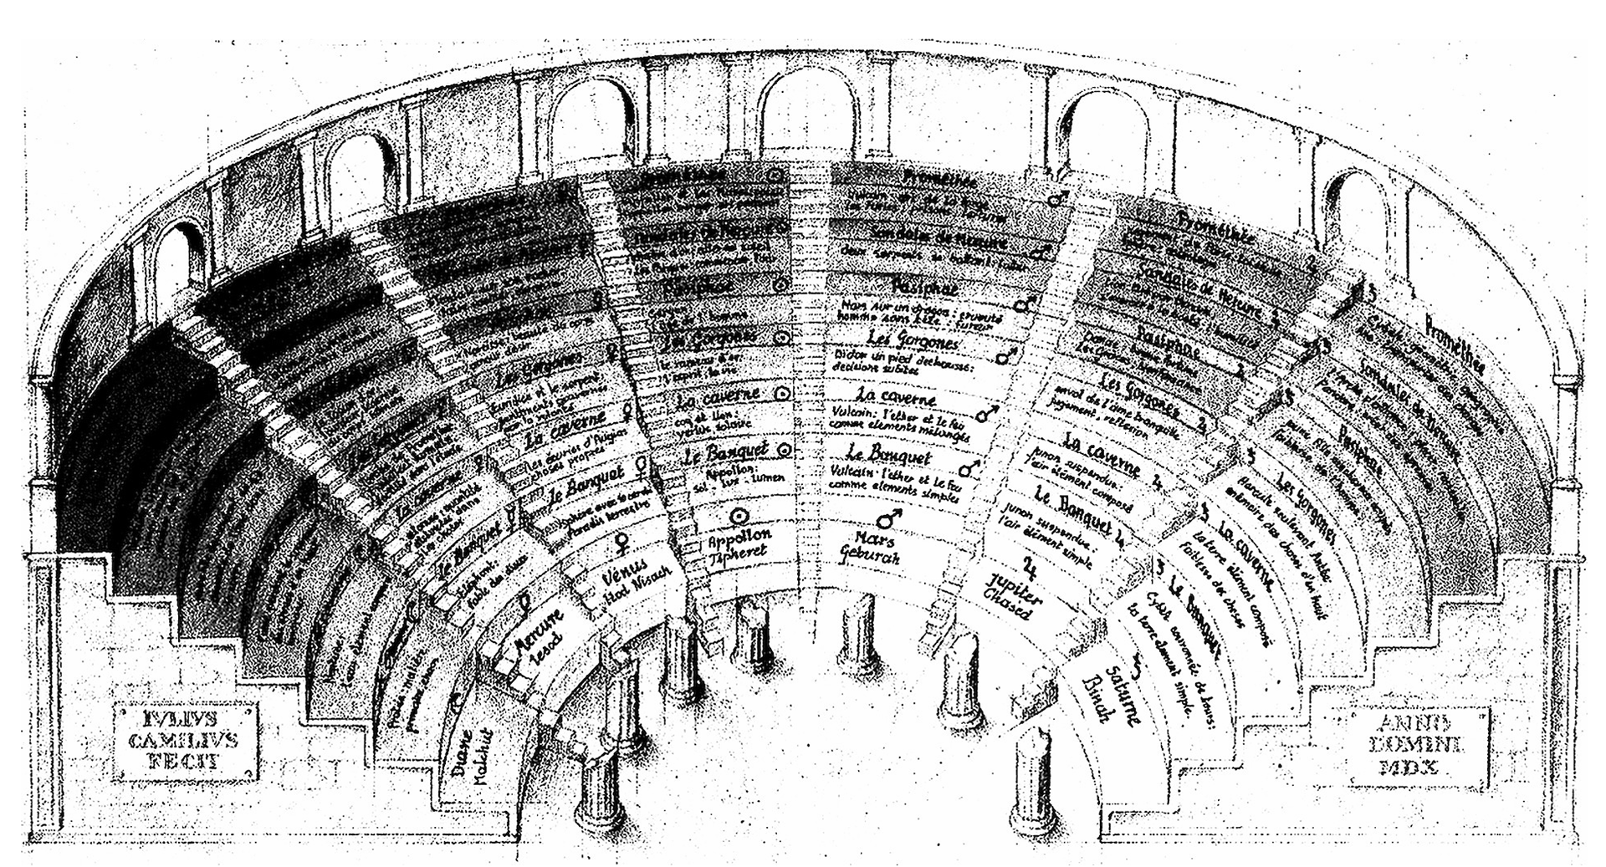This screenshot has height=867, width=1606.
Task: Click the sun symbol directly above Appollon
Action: point(739,516)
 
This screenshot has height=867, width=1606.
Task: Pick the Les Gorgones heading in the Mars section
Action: point(900,340)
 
